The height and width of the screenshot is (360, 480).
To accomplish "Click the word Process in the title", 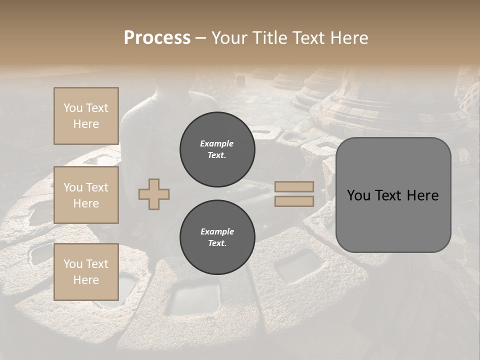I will coord(157,38).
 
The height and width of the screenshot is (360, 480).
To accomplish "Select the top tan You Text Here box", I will coord(86,116).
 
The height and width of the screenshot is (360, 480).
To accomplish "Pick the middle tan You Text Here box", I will coord(86,195).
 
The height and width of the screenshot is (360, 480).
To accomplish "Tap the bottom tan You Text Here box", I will coord(86,272).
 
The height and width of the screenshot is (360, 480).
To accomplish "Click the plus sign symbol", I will coord(154,194).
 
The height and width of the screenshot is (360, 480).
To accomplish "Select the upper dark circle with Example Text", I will coord(217,149).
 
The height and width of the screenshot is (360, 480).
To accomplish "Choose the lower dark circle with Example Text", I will coord(217,237).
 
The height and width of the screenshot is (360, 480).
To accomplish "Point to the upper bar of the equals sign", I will coord(294,187).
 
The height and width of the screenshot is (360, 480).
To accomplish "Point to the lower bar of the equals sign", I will coord(294,201).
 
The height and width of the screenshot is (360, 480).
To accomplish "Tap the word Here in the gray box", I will coord(423,195).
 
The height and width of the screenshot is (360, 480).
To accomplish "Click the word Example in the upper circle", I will coord(217,143).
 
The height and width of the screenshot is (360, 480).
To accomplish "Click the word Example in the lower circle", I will coord(217,231).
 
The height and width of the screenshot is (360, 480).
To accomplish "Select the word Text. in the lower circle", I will coord(217,243).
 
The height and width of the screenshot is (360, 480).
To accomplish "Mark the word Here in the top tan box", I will coord(86,124).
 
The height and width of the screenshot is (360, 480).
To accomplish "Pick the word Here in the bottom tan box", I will coord(86,280).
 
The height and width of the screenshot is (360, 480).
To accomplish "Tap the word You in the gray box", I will coord(358,195).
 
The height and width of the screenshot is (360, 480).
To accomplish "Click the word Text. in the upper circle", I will coord(217,155).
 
